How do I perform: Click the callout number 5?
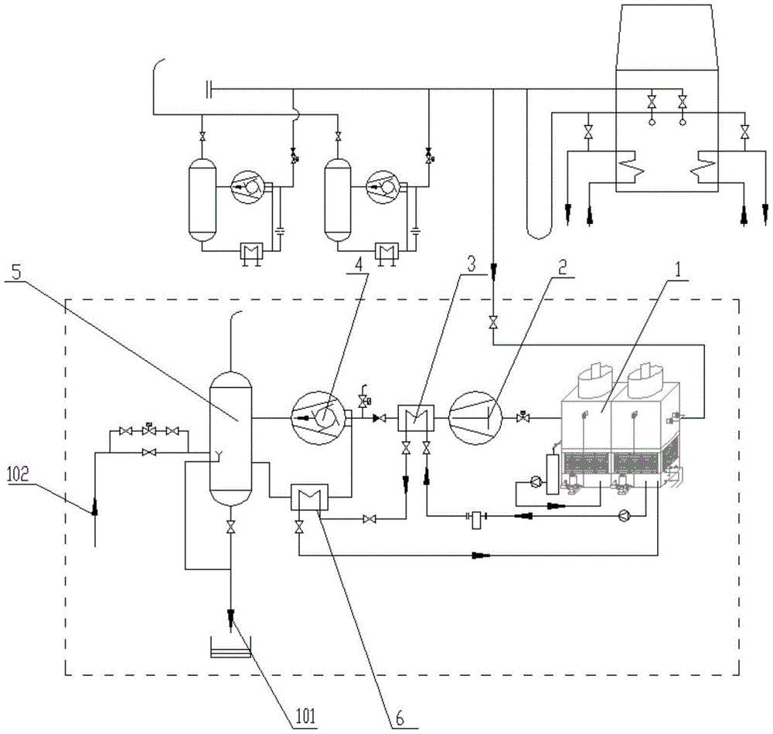click(17, 273)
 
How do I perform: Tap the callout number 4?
click(359, 264)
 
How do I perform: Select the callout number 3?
click(471, 264)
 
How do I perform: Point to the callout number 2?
click(562, 267)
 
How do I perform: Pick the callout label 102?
click(19, 474)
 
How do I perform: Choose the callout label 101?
click(305, 715)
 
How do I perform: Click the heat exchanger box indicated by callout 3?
click(416, 418)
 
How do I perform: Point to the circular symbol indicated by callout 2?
click(475, 418)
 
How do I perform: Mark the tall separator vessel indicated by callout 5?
click(230, 438)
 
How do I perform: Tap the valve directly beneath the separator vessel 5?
click(230, 527)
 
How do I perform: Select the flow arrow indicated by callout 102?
click(94, 506)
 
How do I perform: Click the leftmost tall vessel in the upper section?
click(203, 199)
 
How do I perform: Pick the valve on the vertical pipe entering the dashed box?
click(492, 323)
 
